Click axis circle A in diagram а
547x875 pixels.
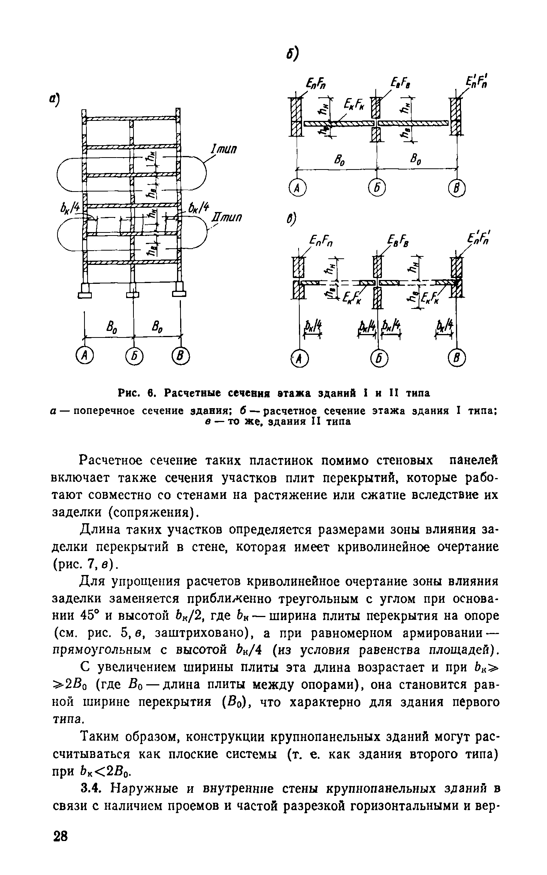click(x=83, y=354)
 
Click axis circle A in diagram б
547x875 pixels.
click(x=297, y=188)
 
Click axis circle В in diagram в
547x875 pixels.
click(x=458, y=359)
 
